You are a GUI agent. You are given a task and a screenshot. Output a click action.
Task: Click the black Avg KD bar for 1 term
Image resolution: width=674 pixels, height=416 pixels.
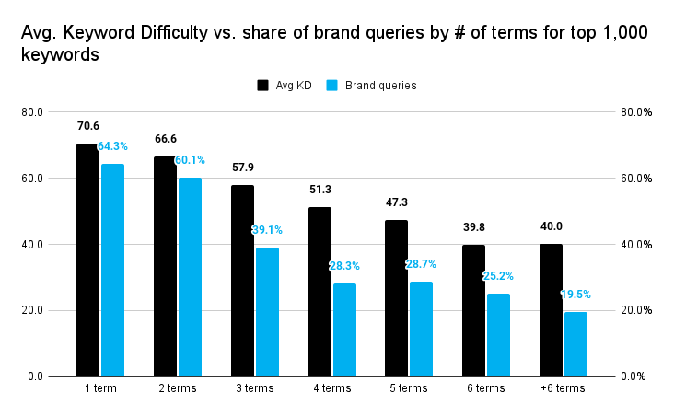click(x=87, y=260)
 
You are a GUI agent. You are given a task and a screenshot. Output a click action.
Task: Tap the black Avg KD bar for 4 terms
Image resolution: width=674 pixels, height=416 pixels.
click(x=320, y=291)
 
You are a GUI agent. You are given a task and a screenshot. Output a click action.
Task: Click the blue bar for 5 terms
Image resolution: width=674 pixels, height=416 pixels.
click(x=421, y=329)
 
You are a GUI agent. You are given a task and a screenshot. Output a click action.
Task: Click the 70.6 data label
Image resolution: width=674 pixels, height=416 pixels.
click(x=87, y=127)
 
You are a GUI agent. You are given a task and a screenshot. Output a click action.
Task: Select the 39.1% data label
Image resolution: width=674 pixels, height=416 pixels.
click(x=267, y=230)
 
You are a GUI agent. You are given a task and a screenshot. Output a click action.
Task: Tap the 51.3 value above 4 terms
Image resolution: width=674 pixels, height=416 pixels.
click(x=320, y=190)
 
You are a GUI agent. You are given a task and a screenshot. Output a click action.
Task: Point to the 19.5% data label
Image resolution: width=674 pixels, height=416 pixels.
click(x=575, y=295)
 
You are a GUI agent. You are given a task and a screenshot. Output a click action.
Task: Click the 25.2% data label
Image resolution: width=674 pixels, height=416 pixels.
click(x=498, y=275)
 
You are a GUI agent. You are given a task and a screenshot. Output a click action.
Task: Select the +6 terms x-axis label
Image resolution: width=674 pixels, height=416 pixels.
click(x=563, y=388)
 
